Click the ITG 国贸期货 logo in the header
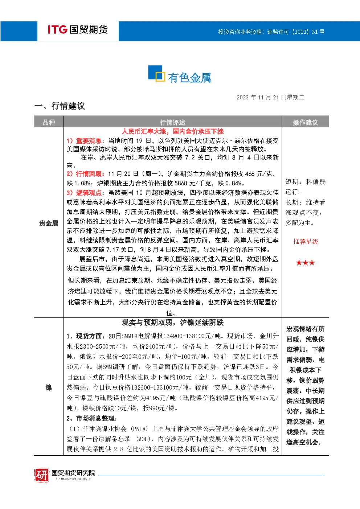[x=78, y=29]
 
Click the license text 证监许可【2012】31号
[x=296, y=32]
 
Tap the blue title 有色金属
[x=189, y=78]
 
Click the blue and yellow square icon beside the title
[x=156, y=73]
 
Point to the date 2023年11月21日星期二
[x=270, y=98]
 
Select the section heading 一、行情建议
[x=60, y=106]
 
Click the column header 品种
[x=49, y=123]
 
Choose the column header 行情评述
[x=172, y=123]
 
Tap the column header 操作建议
[x=305, y=123]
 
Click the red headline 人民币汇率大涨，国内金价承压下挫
[x=173, y=131]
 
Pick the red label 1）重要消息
[x=84, y=141]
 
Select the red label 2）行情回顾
[x=85, y=174]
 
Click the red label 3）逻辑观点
[x=84, y=193]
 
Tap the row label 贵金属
[x=49, y=223]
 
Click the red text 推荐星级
[x=306, y=242]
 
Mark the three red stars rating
[x=306, y=263]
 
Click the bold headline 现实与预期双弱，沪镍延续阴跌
[x=173, y=323]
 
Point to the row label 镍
[x=49, y=387]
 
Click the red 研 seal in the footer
[x=42, y=475]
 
